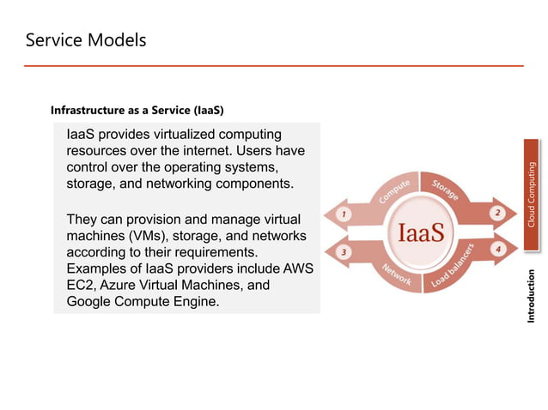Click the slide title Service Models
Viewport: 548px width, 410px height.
click(86, 40)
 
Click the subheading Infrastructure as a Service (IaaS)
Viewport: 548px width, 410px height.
click(137, 110)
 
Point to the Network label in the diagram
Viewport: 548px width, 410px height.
click(396, 274)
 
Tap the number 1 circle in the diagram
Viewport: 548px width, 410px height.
click(344, 214)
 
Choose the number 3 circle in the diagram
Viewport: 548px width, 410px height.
click(344, 252)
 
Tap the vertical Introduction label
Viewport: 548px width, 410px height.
click(533, 296)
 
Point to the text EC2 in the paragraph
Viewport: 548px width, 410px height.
click(82, 286)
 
